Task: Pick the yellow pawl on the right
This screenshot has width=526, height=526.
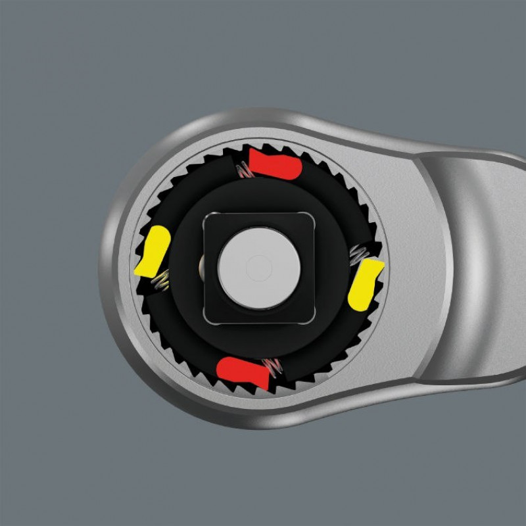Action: tap(366, 283)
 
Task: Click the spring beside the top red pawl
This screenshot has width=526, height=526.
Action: tap(244, 170)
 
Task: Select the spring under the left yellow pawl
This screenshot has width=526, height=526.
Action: tap(160, 281)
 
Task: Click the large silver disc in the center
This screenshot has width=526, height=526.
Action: tap(259, 267)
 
